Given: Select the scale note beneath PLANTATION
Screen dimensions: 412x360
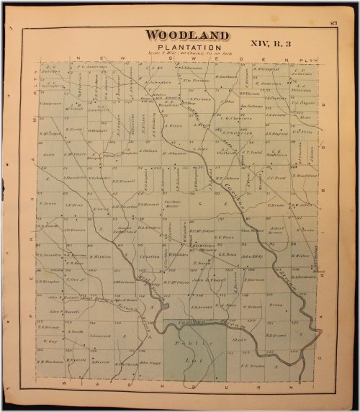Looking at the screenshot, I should [x=186, y=55].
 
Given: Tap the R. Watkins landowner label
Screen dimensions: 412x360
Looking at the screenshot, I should [x=102, y=256].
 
